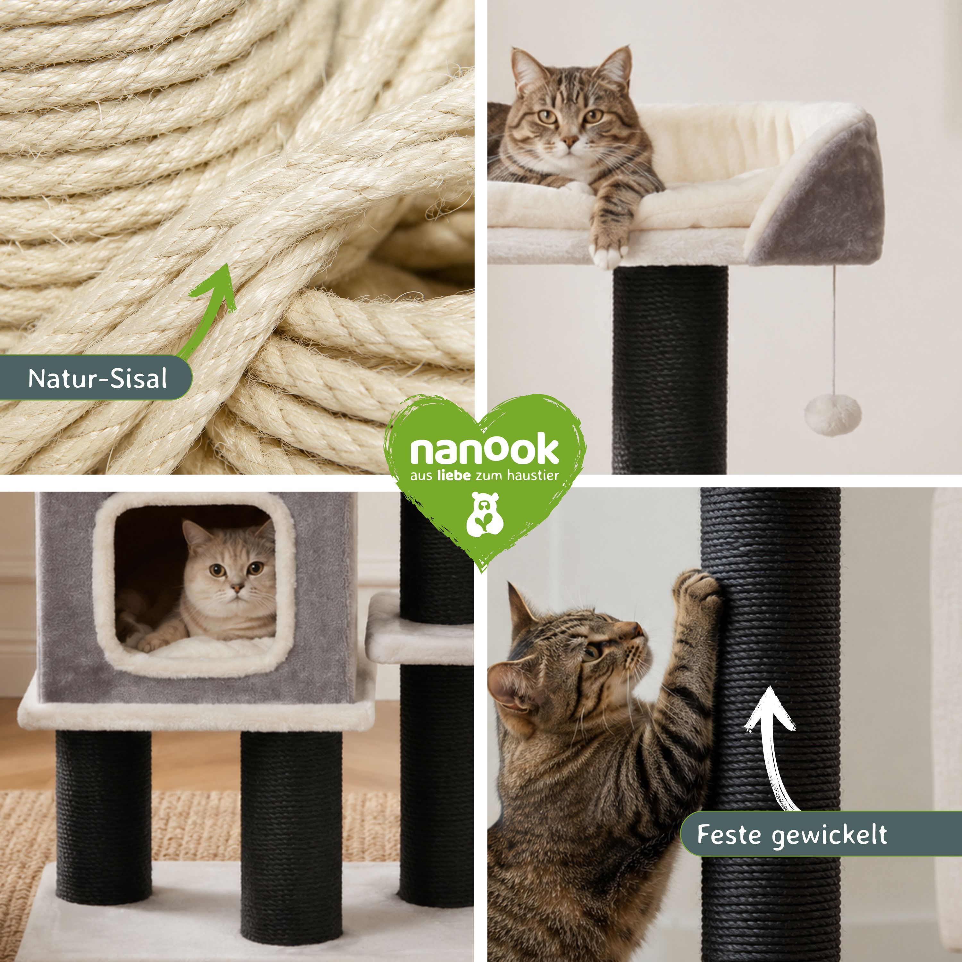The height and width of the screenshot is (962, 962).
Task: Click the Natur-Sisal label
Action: (97, 378)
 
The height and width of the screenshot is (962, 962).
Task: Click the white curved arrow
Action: (769, 747)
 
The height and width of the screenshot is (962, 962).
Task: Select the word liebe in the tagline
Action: (453, 476)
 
